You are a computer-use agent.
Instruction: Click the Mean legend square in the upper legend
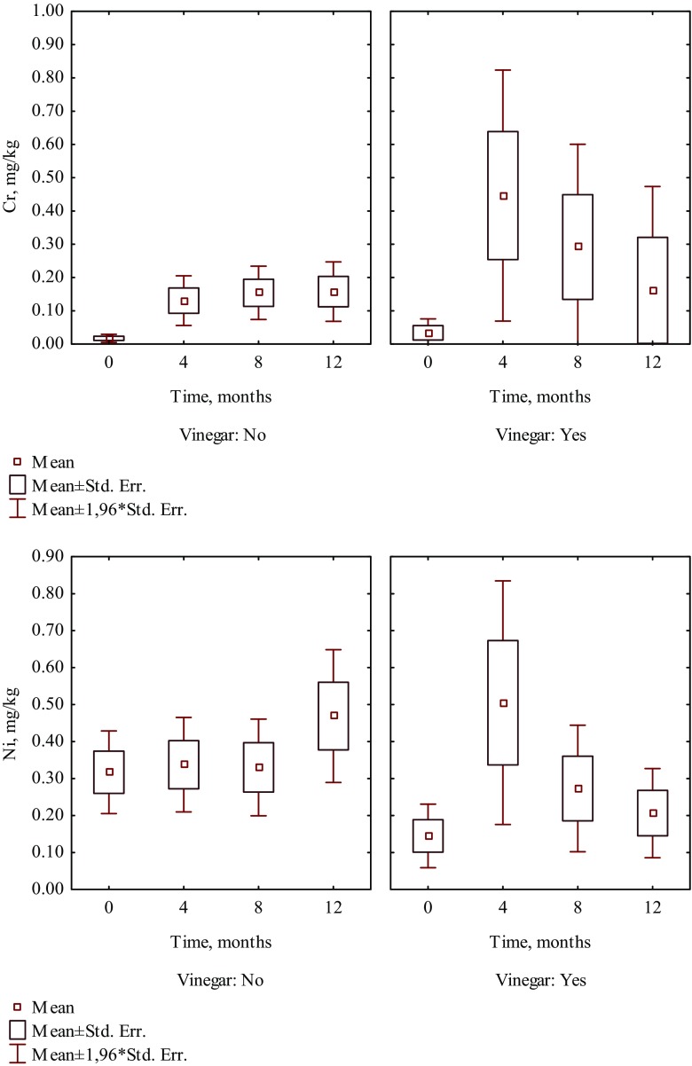(17, 461)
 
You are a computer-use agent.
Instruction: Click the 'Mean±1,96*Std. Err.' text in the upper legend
(108, 509)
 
